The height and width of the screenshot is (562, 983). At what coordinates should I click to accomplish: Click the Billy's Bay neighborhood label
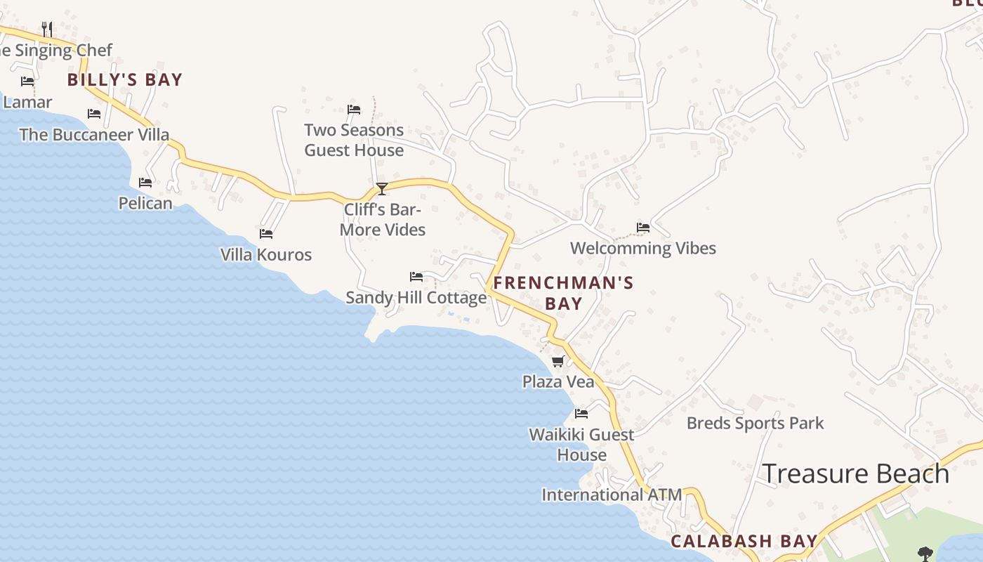(125, 79)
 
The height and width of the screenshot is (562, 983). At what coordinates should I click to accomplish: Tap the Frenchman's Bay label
(563, 293)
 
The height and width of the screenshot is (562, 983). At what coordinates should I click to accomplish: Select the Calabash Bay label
(744, 541)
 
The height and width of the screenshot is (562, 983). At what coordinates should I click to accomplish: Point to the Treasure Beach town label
(855, 473)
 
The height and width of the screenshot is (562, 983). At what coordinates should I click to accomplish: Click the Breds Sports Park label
(755, 423)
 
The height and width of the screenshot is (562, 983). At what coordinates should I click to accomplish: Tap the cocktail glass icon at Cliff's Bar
(382, 188)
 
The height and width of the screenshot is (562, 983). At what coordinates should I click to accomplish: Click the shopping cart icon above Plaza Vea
(558, 361)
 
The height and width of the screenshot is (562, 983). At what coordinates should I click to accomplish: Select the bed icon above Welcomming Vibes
(642, 227)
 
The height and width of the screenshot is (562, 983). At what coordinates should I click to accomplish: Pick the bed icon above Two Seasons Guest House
(354, 109)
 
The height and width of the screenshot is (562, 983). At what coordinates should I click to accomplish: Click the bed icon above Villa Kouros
(266, 233)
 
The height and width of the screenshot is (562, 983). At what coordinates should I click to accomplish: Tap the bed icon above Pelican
(145, 182)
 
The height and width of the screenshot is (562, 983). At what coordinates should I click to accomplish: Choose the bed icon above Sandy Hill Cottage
(416, 276)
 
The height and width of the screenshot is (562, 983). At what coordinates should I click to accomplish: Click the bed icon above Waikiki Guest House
(581, 413)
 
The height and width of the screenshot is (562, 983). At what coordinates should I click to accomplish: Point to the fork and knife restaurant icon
(47, 29)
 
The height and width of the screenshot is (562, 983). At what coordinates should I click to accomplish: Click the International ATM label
(611, 495)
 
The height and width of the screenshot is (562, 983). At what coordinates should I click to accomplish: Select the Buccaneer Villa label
(94, 134)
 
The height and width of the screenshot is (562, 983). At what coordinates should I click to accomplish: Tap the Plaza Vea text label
(558, 381)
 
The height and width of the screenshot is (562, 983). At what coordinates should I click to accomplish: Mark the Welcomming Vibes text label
(642, 248)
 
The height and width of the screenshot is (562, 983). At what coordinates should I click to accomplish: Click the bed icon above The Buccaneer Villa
(94, 113)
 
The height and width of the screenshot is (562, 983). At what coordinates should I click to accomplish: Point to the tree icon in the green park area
(925, 554)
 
